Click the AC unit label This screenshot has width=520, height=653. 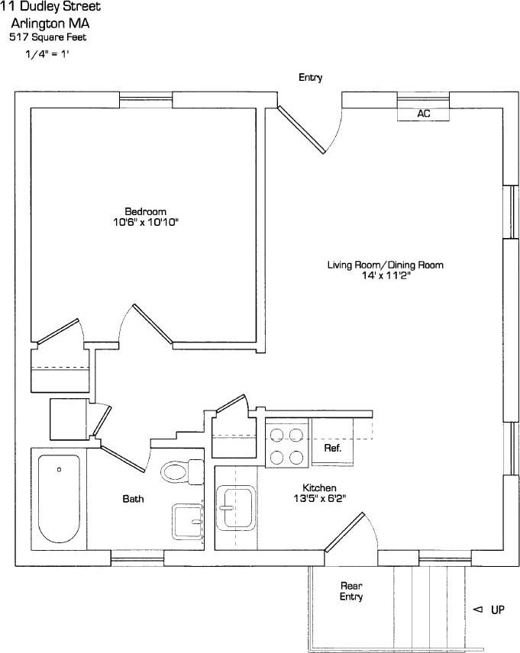tap(423, 114)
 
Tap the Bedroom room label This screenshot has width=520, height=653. tap(145, 211)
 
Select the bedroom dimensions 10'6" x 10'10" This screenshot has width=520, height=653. tap(145, 222)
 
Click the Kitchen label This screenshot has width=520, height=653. tap(319, 487)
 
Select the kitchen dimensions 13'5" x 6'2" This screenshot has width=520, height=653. tap(319, 498)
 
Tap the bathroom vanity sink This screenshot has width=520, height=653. tap(186, 520)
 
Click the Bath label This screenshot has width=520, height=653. tap(133, 499)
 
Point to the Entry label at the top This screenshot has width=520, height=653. tap(310, 78)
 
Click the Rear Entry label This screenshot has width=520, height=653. tap(351, 591)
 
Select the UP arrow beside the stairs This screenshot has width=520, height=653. tap(489, 610)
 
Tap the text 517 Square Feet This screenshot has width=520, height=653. tap(47, 37)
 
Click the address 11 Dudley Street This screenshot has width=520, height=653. tap(50, 7)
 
